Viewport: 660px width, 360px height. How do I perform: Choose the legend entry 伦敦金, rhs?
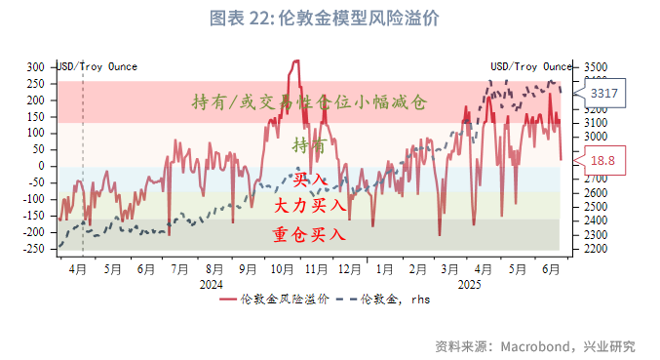click(386, 300)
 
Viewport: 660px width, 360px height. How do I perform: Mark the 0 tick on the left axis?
click(43, 166)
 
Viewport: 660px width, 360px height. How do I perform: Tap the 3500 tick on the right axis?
click(596, 66)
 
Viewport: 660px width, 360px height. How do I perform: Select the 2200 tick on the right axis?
click(596, 249)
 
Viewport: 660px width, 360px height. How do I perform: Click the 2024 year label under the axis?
click(212, 283)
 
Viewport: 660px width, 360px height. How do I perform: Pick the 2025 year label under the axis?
click(469, 283)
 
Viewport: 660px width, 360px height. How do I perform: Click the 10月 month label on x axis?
click(282, 268)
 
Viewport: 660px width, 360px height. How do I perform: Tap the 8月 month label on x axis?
click(214, 268)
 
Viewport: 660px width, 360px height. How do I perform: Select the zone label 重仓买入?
click(310, 234)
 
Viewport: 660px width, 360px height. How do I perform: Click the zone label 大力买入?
click(310, 206)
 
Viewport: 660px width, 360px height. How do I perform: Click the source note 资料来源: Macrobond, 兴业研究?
click(535, 345)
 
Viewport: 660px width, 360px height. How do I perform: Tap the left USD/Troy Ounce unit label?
click(97, 66)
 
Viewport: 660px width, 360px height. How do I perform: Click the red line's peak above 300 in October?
click(295, 61)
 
